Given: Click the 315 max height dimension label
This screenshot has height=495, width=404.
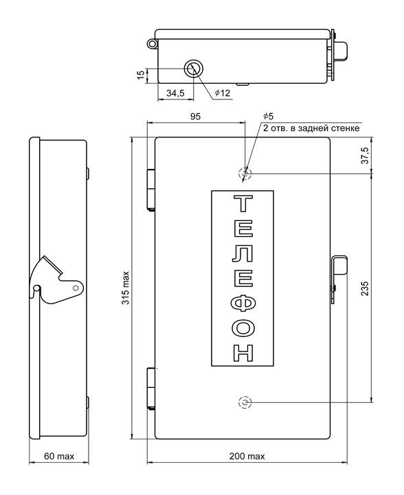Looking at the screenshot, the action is tap(126, 288).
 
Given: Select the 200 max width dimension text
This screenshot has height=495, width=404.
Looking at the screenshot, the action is tap(247, 456).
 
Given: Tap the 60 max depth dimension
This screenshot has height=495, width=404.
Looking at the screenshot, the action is tap(59, 456).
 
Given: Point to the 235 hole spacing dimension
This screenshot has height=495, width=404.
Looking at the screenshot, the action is tap(365, 288).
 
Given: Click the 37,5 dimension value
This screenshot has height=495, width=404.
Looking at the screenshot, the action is tap(365, 155).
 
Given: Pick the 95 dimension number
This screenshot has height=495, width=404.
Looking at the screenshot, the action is tap(195, 117).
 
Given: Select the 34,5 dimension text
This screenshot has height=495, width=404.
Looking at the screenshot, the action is tap(175, 93).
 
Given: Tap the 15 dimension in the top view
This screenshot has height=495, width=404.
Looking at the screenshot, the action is tap(142, 75).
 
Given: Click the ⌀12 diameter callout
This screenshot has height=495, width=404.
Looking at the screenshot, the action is tap(223, 93).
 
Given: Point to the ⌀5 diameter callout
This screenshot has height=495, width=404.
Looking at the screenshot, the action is tap(268, 116).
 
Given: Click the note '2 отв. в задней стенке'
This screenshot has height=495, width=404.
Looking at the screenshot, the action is tap(311, 128).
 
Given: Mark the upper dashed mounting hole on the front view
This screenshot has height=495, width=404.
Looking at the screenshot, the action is tap(245, 173).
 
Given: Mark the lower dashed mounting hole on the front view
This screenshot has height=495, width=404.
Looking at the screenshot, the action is tap(245, 402).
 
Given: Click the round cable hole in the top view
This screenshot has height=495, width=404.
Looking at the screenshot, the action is tap(193, 68).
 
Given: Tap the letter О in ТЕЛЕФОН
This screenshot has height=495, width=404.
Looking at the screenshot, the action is tap(243, 330).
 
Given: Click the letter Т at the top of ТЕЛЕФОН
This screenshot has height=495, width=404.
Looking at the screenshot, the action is tap(243, 204).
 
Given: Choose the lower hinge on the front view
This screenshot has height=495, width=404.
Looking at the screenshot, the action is tap(151, 389).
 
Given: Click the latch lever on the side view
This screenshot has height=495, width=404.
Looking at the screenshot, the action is tap(57, 283).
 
